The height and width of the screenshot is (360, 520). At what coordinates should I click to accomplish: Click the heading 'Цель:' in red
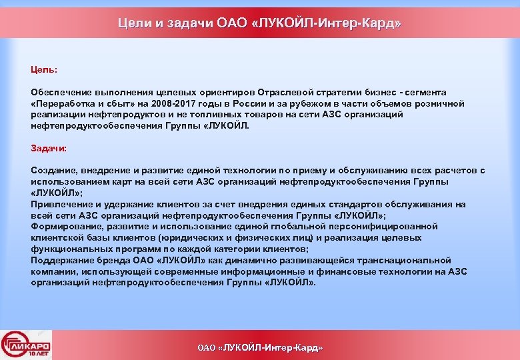click(x=44, y=69)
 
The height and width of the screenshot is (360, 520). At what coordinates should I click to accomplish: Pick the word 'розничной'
click(x=437, y=103)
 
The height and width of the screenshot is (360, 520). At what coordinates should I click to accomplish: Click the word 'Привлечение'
click(x=61, y=205)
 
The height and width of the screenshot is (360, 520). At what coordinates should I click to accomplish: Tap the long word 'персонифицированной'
click(x=389, y=227)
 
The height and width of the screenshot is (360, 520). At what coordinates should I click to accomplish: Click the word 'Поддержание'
click(x=62, y=261)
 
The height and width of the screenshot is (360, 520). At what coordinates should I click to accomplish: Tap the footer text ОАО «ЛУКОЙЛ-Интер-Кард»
click(x=260, y=347)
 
